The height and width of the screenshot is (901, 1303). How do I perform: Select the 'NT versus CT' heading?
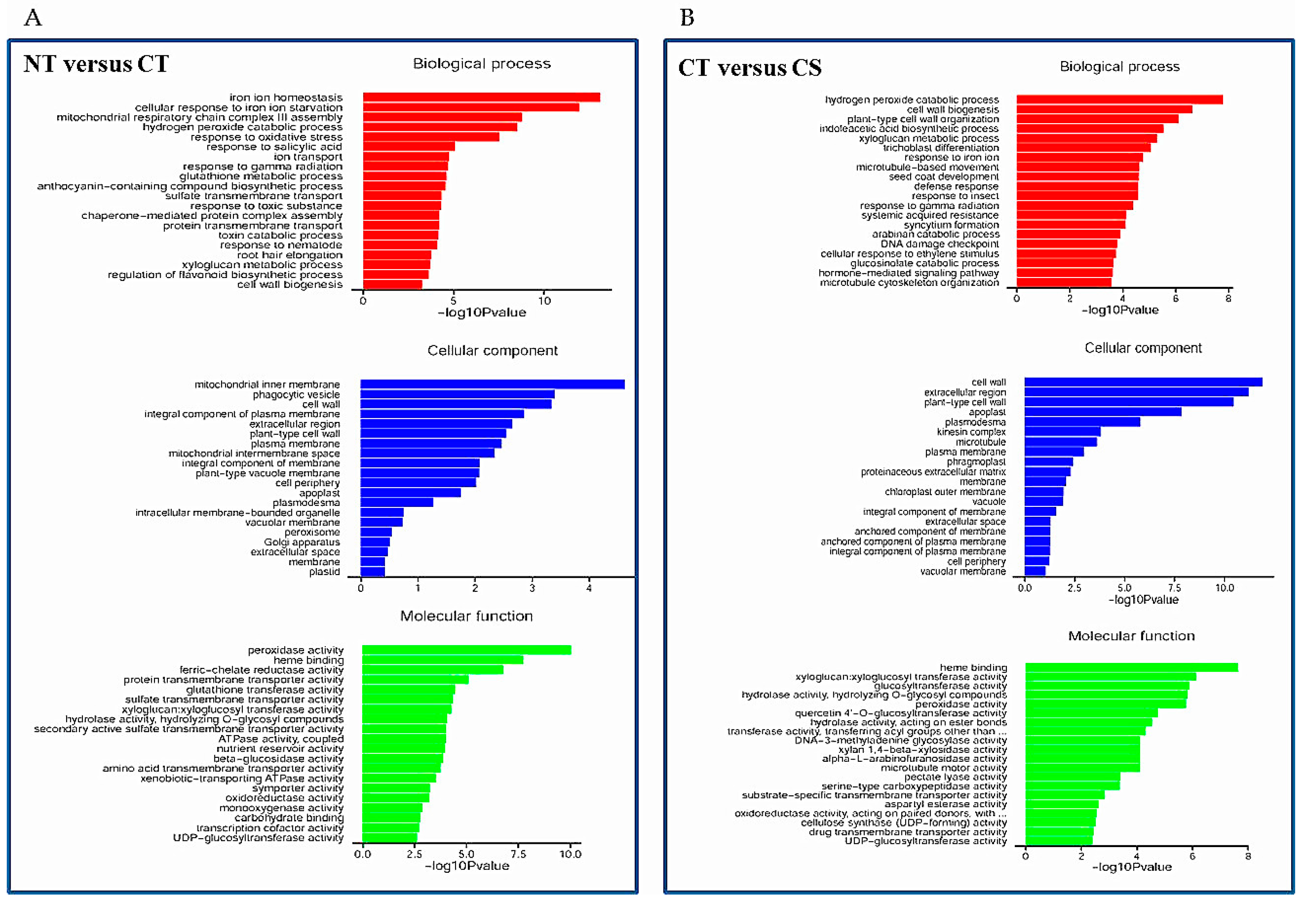pyautogui.click(x=96, y=64)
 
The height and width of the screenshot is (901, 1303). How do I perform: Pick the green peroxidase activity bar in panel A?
pyautogui.click(x=466, y=650)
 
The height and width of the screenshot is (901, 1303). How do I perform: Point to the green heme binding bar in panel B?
pyautogui.click(x=1131, y=667)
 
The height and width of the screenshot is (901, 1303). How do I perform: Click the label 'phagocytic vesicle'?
pyautogui.click(x=296, y=394)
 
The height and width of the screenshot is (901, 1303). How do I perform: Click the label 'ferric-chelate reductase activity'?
pyautogui.click(x=261, y=670)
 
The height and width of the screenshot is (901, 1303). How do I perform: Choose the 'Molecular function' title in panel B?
pyautogui.click(x=1131, y=636)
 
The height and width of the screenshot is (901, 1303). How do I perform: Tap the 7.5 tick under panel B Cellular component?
pyautogui.click(x=1174, y=588)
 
